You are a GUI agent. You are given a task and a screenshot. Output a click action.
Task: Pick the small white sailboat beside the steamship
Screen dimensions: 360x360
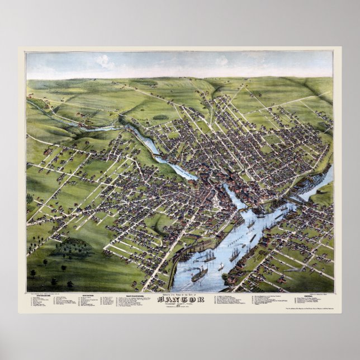[220, 267]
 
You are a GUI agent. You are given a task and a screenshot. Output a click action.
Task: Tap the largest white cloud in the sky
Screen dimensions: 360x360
[105, 61]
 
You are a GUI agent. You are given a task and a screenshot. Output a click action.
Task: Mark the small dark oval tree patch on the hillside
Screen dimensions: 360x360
[160, 117]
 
